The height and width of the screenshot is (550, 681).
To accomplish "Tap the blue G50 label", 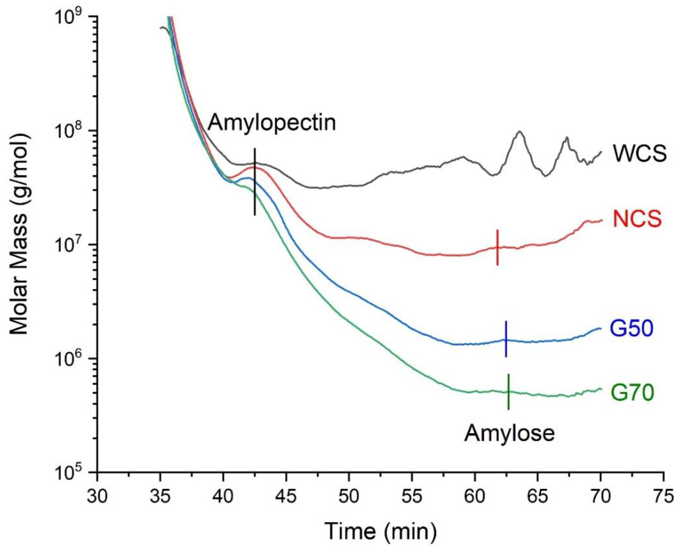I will [631, 329].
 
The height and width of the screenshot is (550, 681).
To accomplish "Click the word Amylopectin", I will [272, 123].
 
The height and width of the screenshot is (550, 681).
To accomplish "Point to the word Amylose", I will [509, 433].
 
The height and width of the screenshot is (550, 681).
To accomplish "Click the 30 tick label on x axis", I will [97, 496].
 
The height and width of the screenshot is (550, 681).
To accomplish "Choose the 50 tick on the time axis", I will [349, 496].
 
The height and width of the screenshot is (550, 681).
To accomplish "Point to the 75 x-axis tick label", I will [663, 496].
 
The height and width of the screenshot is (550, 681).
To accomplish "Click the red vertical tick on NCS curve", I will [497, 247].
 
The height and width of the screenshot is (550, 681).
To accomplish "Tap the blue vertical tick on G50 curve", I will [506, 339].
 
